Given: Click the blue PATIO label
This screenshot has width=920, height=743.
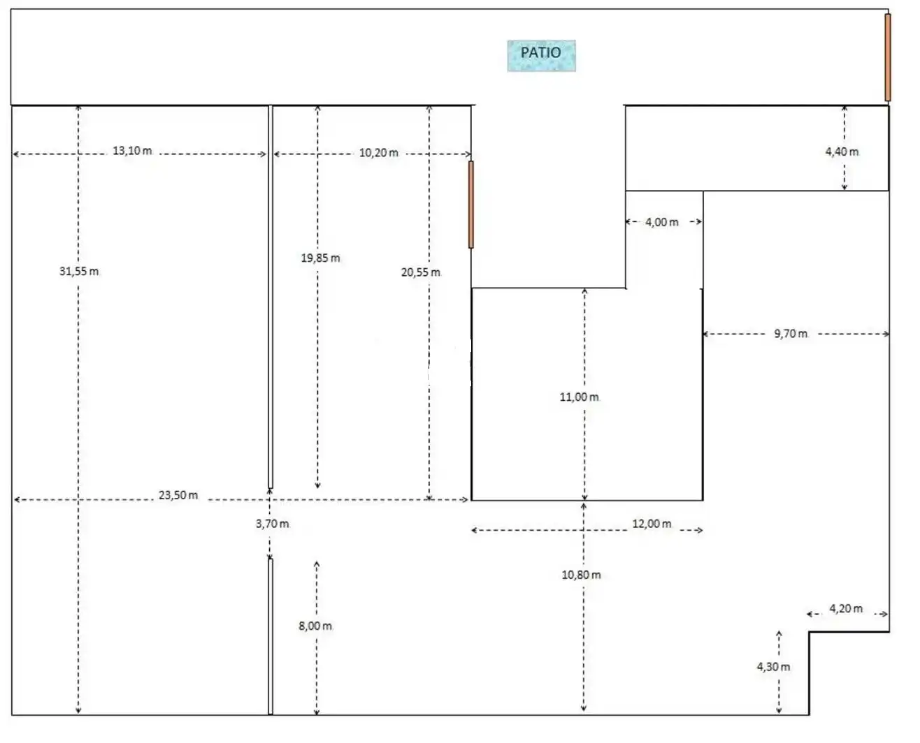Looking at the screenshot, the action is tap(541, 56).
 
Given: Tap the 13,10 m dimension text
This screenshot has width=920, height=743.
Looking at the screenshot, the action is tap(132, 151).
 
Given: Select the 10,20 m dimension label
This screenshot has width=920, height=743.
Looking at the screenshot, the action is tap(378, 153).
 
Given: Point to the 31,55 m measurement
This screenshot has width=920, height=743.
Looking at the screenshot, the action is tap(79, 272).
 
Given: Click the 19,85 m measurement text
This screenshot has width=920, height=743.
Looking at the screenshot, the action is tap(320, 258).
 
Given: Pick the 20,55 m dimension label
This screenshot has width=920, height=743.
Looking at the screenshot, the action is tap(420, 272).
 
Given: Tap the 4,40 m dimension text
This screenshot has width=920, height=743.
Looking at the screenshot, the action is tap(842, 152).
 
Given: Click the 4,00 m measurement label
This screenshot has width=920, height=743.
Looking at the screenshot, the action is tap(661, 222).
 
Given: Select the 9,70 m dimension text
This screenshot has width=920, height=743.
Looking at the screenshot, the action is tap(790, 334).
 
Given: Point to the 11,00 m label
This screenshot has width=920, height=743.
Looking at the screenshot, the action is tap(579, 397).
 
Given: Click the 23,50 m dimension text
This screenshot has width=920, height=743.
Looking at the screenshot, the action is tap(178, 495).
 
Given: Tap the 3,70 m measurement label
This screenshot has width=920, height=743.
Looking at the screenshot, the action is tap(272, 524).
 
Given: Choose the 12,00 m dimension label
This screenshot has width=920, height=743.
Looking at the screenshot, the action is tap(652, 524).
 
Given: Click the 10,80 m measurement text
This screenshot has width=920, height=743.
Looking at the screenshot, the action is tap(581, 575).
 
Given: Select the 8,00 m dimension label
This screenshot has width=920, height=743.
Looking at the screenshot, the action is tap(315, 626).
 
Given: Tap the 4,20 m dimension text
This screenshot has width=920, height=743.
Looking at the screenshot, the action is tap(846, 608).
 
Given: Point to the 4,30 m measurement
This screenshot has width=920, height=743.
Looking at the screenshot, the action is tap(773, 667).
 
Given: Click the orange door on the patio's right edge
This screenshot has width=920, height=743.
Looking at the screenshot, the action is tap(888, 57).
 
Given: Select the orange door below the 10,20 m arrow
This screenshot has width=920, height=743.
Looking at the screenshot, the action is tap(470, 205).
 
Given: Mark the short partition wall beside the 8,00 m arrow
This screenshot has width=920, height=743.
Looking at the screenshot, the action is tap(271, 637).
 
